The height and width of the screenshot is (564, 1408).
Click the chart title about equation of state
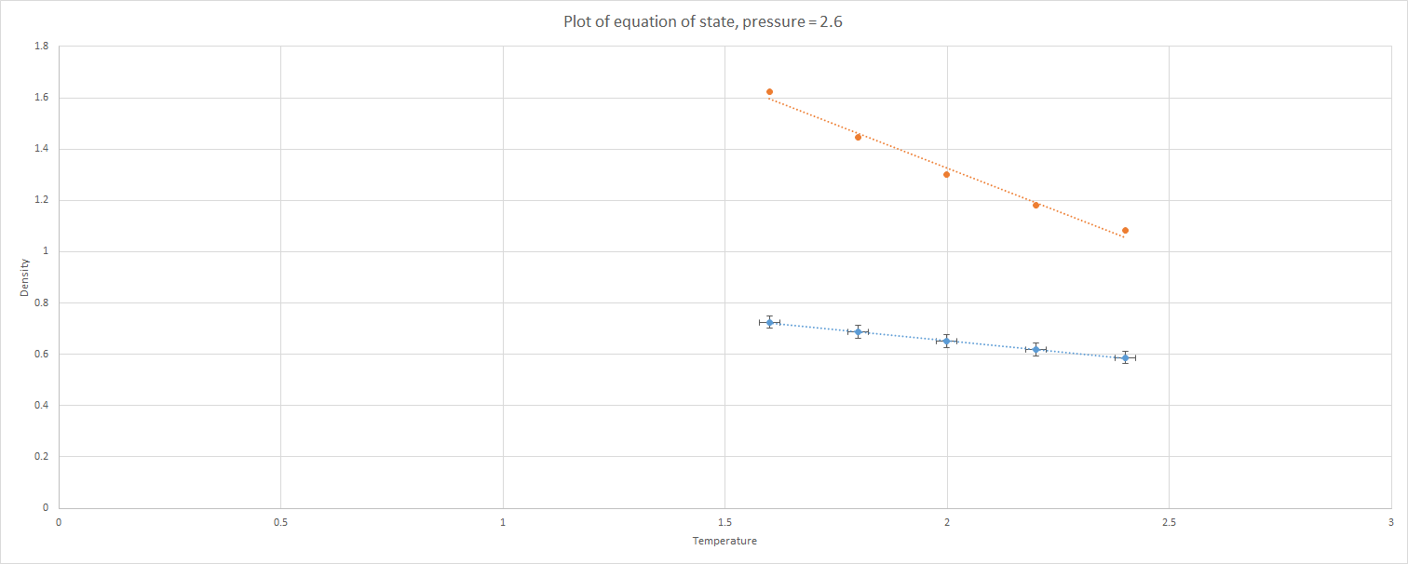[x=703, y=21]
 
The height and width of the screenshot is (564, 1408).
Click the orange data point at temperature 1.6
[x=769, y=92]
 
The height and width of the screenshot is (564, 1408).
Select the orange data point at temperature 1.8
[x=858, y=137]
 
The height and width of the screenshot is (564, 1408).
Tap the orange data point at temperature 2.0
[x=946, y=174]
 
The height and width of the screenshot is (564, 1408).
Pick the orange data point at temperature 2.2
[x=1036, y=205]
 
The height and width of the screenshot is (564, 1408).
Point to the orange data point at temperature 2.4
[x=1125, y=230]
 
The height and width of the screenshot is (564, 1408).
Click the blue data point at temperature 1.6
[x=769, y=322]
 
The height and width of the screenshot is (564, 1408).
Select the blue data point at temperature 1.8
[x=858, y=331]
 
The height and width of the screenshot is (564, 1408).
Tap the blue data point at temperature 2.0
[x=946, y=341]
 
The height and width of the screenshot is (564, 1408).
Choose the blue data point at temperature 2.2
[x=1036, y=350]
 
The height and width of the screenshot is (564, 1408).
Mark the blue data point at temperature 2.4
[x=1125, y=357]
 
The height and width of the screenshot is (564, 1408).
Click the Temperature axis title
[x=724, y=542]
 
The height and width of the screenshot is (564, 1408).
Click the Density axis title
[x=25, y=277]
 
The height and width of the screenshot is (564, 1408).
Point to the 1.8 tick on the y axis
[x=41, y=47]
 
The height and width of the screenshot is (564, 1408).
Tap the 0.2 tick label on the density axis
[x=41, y=457]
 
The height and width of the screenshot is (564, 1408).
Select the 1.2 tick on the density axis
[x=41, y=200]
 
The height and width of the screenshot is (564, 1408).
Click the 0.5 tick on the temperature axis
[x=280, y=522]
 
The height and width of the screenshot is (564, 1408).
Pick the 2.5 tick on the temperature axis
[x=1169, y=522]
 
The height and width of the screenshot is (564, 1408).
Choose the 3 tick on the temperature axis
[x=1390, y=522]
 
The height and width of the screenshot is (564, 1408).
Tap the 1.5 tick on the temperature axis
[x=724, y=522]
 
